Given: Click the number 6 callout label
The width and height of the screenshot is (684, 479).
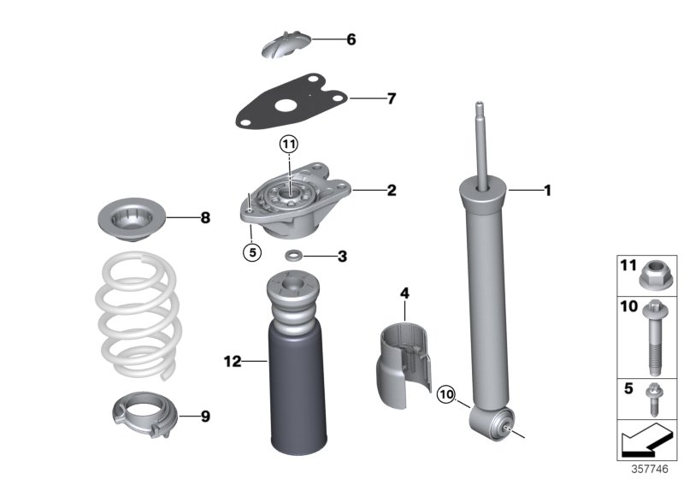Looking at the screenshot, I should click(351, 40).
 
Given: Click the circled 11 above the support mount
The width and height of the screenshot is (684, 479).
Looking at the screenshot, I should click(290, 144).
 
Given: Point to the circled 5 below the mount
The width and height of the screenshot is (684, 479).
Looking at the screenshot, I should click(250, 252).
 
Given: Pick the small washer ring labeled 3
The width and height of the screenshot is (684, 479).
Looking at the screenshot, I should click(294, 256).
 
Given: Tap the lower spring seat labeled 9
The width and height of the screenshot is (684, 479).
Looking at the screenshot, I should click(141, 415).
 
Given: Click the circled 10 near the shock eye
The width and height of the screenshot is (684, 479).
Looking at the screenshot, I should click(446, 394).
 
